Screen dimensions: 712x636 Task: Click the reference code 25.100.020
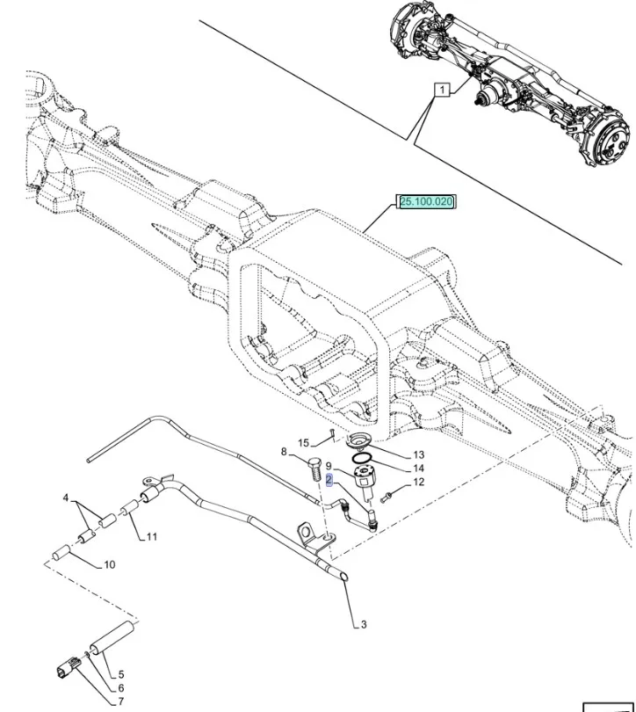click(x=427, y=202)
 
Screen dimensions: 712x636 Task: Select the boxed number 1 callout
click(x=441, y=90)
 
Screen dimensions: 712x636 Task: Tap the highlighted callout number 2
click(x=329, y=480)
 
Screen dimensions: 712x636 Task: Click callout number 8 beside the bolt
click(x=284, y=452)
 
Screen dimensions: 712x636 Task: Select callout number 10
click(x=109, y=564)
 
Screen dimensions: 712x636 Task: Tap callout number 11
click(x=152, y=536)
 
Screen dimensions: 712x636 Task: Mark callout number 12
click(x=418, y=482)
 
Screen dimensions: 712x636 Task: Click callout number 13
click(x=418, y=454)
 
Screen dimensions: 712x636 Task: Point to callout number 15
click(x=303, y=442)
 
